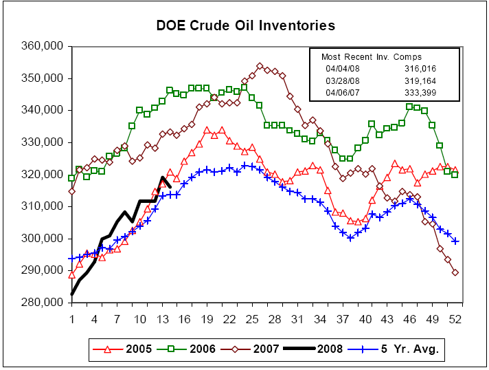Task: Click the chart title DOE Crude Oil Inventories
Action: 245,26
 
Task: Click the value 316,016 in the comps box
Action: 419,69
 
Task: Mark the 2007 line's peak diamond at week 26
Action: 260,66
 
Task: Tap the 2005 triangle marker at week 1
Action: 72,274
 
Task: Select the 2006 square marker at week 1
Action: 72,178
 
